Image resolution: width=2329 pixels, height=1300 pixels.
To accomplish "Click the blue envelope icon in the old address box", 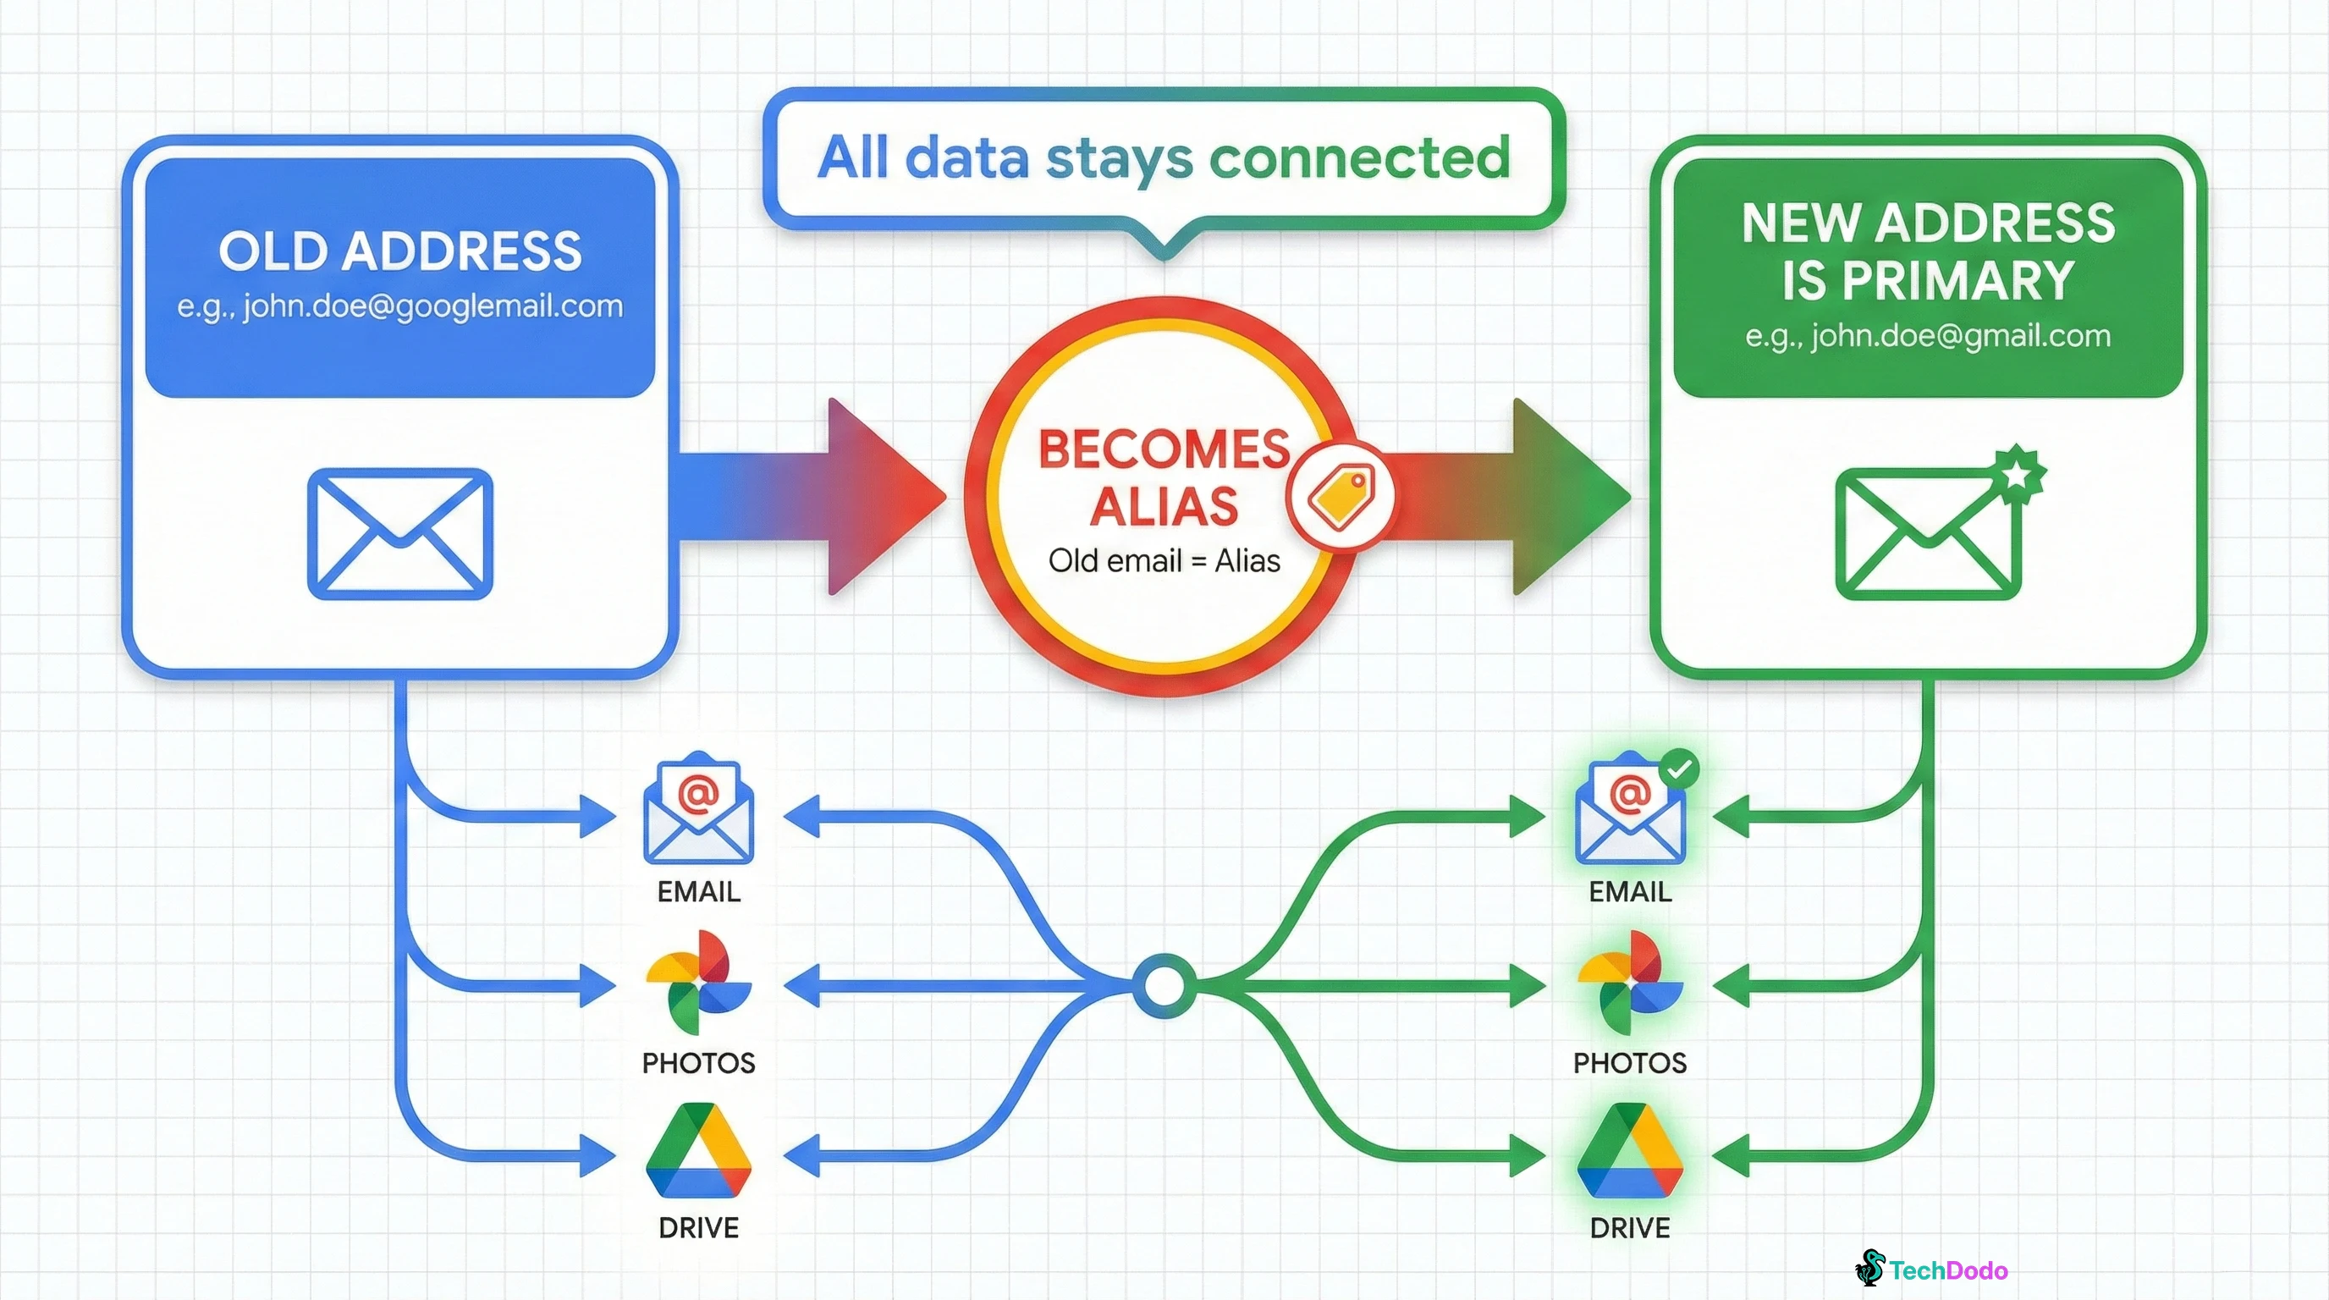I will coord(399,533).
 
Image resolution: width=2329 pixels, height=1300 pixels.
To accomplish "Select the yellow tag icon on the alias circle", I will coord(1341,496).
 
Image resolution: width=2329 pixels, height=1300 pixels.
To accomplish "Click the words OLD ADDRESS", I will coord(399,251).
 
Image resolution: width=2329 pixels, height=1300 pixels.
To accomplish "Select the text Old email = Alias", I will coord(1164,561).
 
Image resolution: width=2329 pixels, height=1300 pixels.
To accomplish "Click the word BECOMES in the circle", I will coord(1164,449).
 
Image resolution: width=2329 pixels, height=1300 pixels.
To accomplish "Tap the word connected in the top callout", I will coord(1359,157).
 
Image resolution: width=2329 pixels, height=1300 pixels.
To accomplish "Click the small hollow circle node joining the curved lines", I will coord(1164,985).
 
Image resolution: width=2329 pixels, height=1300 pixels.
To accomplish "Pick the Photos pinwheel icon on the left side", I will coord(698,983).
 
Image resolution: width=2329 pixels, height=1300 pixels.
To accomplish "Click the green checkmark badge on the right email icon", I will coord(1679,769).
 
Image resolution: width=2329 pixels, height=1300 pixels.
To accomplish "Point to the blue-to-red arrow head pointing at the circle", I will coord(882,496).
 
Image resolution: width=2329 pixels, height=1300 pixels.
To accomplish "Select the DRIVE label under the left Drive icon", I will coord(698,1228).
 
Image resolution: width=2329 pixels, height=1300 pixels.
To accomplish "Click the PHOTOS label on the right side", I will coord(1629,1063).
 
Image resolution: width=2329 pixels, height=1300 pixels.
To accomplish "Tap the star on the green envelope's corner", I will coord(2017,472).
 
